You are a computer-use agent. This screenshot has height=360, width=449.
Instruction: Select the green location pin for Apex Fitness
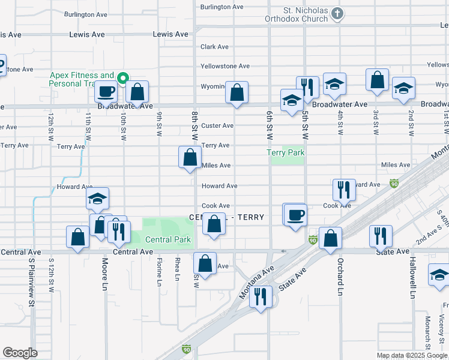coord(123,77)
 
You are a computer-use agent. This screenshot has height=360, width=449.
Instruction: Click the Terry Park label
coord(286,152)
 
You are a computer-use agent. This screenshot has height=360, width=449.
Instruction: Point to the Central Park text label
coord(168,240)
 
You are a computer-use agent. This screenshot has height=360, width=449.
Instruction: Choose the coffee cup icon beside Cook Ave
coord(295,214)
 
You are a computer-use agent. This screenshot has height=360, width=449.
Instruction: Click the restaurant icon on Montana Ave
coord(261,296)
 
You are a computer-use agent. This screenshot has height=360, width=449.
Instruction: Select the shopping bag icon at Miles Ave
coord(190,158)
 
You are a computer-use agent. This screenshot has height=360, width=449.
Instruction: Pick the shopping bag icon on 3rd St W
coord(377,80)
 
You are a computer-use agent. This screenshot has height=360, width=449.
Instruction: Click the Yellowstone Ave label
coord(225,66)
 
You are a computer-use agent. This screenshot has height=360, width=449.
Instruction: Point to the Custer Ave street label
coord(217,126)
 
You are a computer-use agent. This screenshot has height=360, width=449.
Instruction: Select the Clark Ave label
coord(214,47)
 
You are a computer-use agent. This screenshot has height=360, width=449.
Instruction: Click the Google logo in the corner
coord(20,353)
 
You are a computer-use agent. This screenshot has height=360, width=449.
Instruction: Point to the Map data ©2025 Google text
coord(411,355)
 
